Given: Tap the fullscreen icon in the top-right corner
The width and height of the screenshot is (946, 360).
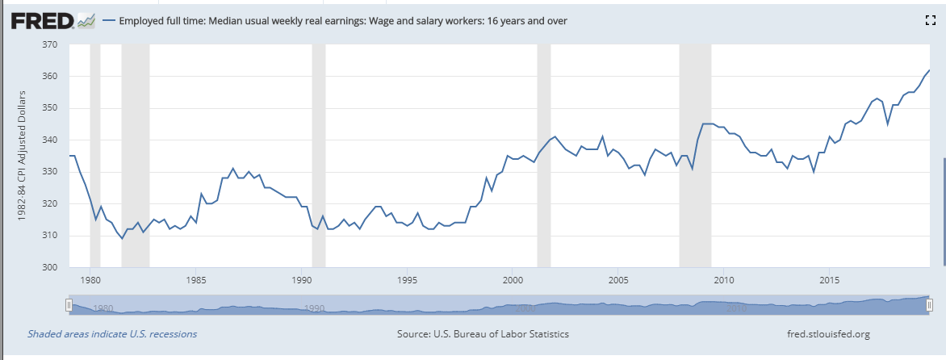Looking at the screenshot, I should (928, 21).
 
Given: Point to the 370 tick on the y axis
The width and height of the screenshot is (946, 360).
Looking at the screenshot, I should (50, 44).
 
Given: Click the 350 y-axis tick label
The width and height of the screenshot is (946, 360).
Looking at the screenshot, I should (50, 108).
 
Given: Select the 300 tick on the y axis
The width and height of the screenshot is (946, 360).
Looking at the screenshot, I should (50, 267).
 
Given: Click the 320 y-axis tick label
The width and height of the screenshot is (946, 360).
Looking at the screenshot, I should (50, 203).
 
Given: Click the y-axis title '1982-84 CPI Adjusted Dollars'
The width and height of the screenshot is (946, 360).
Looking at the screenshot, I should (22, 155).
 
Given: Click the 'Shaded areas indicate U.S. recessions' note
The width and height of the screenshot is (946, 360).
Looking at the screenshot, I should (112, 333).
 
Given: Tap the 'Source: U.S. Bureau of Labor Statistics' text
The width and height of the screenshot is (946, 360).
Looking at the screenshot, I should (483, 333).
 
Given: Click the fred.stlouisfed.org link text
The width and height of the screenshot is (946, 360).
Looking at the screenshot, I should (827, 333).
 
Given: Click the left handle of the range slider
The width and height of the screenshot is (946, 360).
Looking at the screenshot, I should (69, 304).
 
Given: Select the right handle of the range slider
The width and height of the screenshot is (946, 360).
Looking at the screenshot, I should (930, 304).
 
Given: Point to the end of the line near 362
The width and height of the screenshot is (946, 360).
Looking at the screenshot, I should (929, 70).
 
